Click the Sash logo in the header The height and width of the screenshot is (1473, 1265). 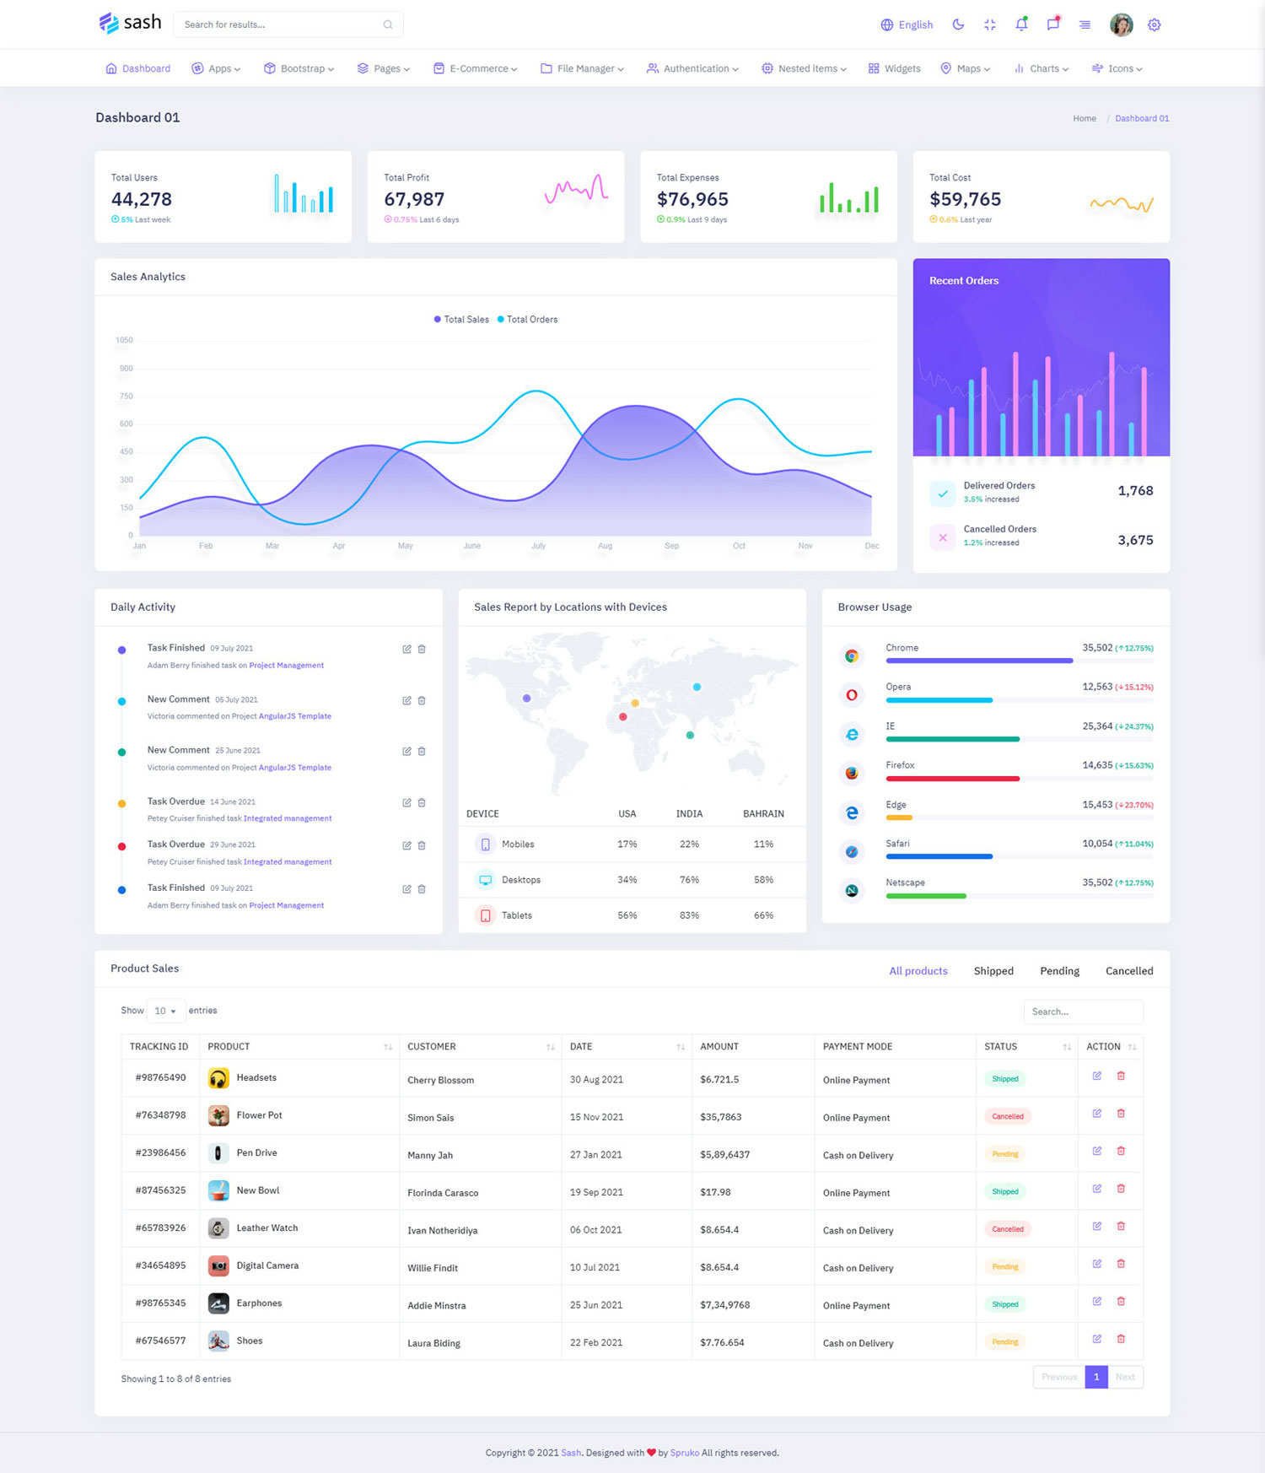[130, 23]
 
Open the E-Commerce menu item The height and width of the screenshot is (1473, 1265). [476, 68]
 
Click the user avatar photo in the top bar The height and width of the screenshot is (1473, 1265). [1121, 24]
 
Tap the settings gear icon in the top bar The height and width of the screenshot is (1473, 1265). [1155, 24]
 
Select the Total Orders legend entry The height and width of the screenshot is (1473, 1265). [528, 319]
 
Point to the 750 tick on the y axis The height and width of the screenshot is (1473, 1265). [126, 396]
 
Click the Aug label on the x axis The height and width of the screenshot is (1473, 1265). [605, 546]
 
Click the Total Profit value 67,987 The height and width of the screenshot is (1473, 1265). [414, 199]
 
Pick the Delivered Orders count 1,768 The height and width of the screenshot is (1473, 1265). [1135, 490]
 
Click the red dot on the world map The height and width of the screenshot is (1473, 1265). [622, 716]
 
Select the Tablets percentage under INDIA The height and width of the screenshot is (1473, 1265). [689, 915]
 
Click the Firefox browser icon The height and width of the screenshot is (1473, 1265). [852, 773]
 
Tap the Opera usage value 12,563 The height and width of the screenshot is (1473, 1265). [1097, 687]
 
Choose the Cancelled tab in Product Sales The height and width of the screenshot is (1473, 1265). [1129, 971]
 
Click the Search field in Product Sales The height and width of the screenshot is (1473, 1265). [1083, 1012]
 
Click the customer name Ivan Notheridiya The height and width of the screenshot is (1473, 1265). [443, 1230]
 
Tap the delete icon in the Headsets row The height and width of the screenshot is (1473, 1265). [1121, 1076]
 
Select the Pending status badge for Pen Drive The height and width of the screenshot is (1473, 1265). [1005, 1154]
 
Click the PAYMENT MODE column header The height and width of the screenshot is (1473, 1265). [858, 1046]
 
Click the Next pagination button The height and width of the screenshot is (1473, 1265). [1125, 1377]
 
